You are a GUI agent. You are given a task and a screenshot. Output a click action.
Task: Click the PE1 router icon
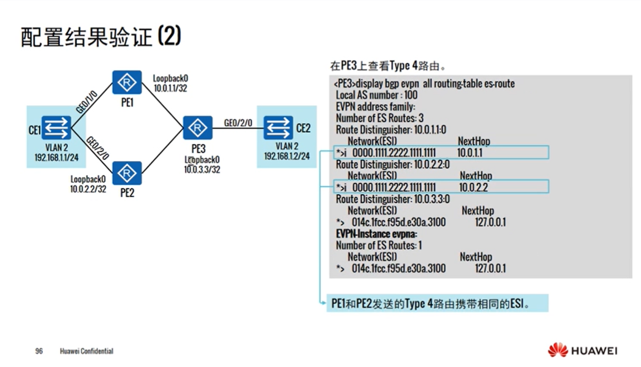pos(127,83)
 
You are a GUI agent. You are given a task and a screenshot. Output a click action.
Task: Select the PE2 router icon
pos(127,173)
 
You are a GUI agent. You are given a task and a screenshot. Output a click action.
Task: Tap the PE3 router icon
pos(198,128)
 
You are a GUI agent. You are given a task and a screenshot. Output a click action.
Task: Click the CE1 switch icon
pos(57,128)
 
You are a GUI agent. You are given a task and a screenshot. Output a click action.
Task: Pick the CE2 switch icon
pos(278,128)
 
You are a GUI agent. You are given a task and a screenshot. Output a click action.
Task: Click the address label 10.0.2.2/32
pos(88,189)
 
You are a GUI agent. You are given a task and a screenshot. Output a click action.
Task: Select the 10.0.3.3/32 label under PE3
pos(202,170)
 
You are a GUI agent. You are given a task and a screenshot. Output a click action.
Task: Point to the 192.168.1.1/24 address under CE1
pos(56,157)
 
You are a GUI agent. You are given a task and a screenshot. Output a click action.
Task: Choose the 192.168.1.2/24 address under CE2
pos(287,156)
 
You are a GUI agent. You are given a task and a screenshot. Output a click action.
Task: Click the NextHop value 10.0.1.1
pos(469,153)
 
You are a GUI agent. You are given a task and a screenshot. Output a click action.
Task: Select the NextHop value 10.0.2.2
pos(472,187)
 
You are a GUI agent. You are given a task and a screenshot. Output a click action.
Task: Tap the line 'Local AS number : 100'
pos(376,95)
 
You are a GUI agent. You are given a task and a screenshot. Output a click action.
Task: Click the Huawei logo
pos(582,350)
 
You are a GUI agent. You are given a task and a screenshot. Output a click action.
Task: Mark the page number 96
pos(39,351)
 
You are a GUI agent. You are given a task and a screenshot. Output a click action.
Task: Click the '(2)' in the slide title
pos(169,37)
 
